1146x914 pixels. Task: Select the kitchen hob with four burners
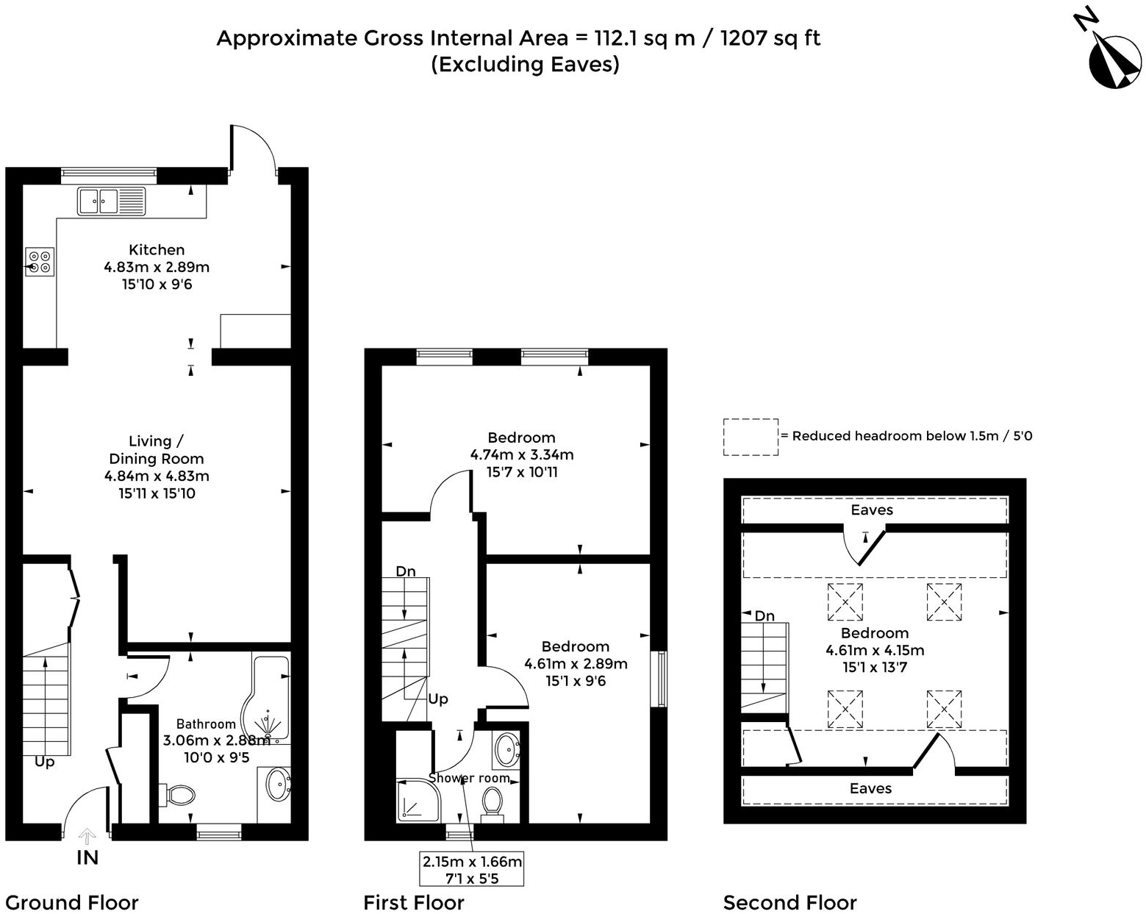tap(40, 262)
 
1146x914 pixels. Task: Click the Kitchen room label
tap(157, 250)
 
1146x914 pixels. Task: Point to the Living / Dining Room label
tap(156, 450)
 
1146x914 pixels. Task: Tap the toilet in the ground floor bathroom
tap(178, 794)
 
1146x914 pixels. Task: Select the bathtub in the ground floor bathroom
tap(271, 695)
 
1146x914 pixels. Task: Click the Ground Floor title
tap(71, 902)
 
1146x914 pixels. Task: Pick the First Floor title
tap(414, 902)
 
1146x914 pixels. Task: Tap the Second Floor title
tap(790, 902)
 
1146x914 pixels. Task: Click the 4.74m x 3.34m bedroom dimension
tap(522, 455)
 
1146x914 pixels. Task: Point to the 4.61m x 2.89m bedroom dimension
tap(576, 664)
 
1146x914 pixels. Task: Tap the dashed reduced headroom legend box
tap(751, 437)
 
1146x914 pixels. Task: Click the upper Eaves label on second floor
tap(872, 510)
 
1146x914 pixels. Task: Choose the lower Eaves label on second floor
tap(870, 789)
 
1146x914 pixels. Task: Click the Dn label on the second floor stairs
tap(764, 616)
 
